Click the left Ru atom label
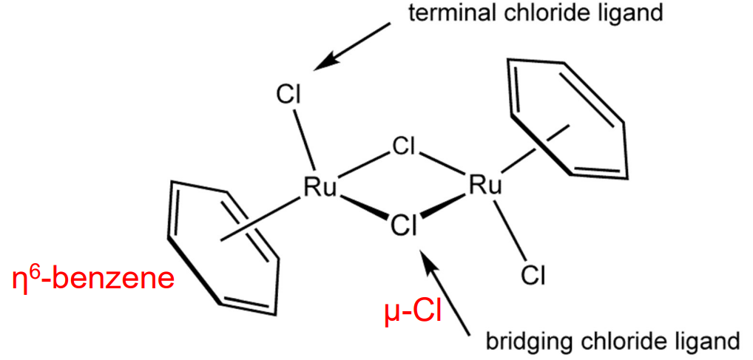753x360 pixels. [320, 189]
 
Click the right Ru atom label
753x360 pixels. [485, 185]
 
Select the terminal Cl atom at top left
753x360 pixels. [290, 95]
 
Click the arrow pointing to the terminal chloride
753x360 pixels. [351, 47]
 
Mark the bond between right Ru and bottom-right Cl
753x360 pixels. [508, 229]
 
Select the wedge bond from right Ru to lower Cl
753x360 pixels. [446, 208]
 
